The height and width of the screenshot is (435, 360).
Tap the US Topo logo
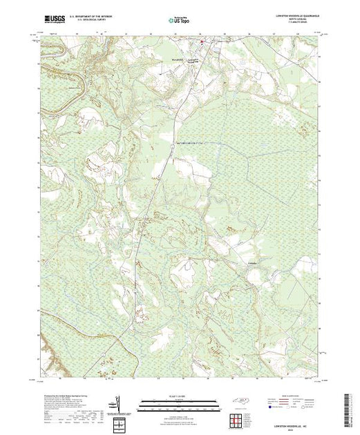[x=179, y=19]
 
